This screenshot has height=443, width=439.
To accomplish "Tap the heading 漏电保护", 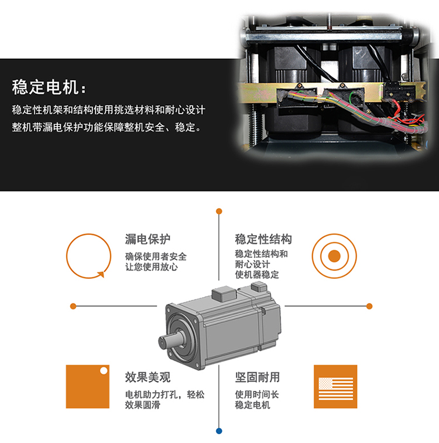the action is (148, 239).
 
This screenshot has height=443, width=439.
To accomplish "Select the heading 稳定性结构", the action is (263, 239).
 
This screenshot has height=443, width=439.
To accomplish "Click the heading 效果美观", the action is (148, 377).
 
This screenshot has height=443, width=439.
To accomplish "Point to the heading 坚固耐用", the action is (258, 377).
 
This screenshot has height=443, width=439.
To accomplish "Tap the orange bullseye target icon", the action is (334, 256).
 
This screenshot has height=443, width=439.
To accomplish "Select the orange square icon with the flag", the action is (335, 387).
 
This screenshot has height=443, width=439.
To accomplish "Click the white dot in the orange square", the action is (104, 370).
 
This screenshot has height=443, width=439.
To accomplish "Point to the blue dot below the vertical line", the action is (219, 431).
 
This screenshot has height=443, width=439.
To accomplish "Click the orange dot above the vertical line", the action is (219, 211).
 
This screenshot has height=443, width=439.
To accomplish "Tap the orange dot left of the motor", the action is (73, 306).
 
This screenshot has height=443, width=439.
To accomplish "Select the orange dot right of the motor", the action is (369, 306).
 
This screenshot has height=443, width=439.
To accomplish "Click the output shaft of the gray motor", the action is (168, 341).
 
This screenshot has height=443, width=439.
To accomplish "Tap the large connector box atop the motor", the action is (224, 294).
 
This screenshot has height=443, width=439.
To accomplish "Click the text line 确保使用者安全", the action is (156, 257).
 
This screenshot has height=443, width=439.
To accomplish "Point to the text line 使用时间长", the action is (257, 394).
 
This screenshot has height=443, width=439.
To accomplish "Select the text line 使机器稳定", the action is (257, 274).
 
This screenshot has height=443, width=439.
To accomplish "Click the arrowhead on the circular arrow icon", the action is (101, 274).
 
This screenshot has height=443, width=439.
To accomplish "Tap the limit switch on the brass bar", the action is (399, 91).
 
